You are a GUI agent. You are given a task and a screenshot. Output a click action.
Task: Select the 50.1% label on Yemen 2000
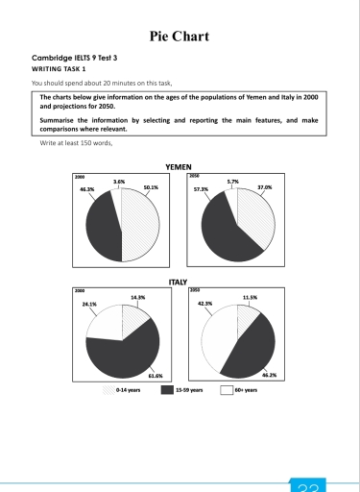[x=150, y=188]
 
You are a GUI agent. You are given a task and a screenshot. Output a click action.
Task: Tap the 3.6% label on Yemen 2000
[x=119, y=181]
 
